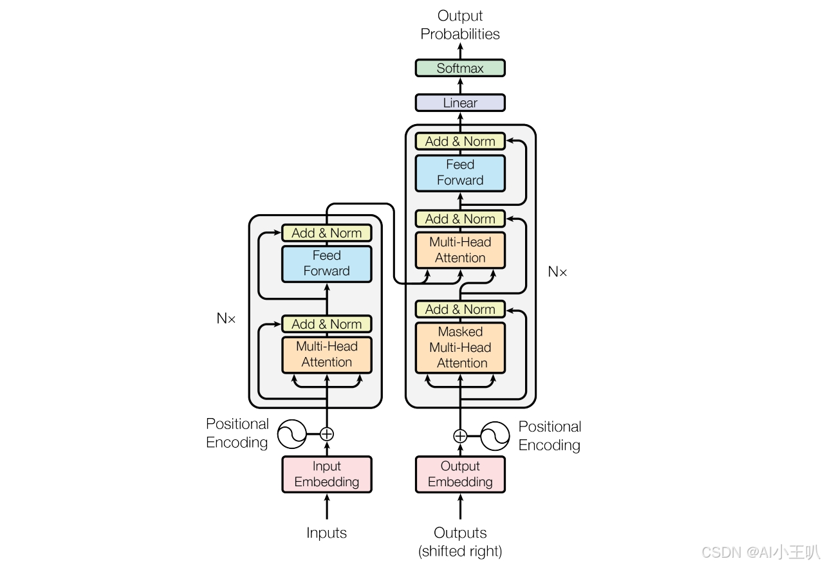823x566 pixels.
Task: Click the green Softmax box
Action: click(460, 68)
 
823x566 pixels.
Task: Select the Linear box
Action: click(460, 103)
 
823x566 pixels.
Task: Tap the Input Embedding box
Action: click(327, 475)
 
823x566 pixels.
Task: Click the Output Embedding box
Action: click(460, 475)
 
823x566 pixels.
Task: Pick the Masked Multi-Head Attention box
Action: click(460, 347)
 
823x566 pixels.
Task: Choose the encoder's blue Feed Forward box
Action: click(327, 264)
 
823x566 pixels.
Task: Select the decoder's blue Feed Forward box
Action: click(460, 173)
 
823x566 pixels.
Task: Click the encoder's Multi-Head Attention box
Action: click(327, 354)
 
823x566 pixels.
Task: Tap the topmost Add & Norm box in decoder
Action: click(460, 141)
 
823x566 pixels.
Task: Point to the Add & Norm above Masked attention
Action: click(460, 309)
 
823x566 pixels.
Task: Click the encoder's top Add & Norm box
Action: click(327, 233)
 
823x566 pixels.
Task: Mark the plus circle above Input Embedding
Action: click(327, 434)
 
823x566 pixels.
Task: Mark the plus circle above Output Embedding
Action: click(460, 436)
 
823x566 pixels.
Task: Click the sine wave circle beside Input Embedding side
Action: click(291, 434)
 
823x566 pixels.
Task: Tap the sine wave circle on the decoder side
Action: click(495, 436)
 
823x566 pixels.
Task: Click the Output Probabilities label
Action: click(460, 25)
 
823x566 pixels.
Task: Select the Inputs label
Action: click(327, 533)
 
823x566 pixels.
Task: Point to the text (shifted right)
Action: click(460, 551)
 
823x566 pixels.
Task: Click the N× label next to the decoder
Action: click(557, 272)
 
